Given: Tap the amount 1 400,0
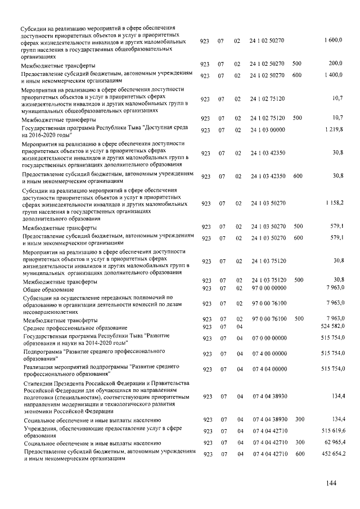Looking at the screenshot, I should click(x=334, y=75).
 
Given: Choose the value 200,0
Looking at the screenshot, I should click(x=336, y=64).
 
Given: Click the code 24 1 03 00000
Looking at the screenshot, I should click(x=267, y=130).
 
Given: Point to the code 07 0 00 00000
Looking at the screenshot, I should click(x=268, y=339).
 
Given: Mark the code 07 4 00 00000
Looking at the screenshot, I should click(x=268, y=354).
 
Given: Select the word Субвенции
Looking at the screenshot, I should click(x=38, y=297).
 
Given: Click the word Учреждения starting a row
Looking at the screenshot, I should click(x=39, y=428).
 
